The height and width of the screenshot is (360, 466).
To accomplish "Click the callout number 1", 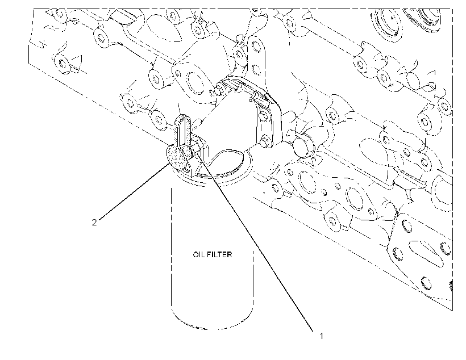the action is pyautogui.click(x=321, y=336).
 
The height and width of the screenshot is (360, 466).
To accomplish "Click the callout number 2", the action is pyautogui.click(x=94, y=223).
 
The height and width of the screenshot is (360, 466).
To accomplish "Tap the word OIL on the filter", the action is pyautogui.click(x=199, y=254).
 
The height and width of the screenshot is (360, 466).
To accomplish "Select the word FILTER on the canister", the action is pyautogui.click(x=219, y=254).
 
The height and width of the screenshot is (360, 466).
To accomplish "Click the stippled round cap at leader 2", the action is pyautogui.click(x=176, y=157).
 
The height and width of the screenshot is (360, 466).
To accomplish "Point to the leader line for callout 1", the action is pyautogui.click(x=255, y=241).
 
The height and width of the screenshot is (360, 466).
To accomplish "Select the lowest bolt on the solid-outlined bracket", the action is pyautogui.click(x=265, y=140).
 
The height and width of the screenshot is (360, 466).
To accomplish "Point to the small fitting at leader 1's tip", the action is pyautogui.click(x=197, y=148).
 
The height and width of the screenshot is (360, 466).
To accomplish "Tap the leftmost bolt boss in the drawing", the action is pyautogui.click(x=62, y=63).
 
